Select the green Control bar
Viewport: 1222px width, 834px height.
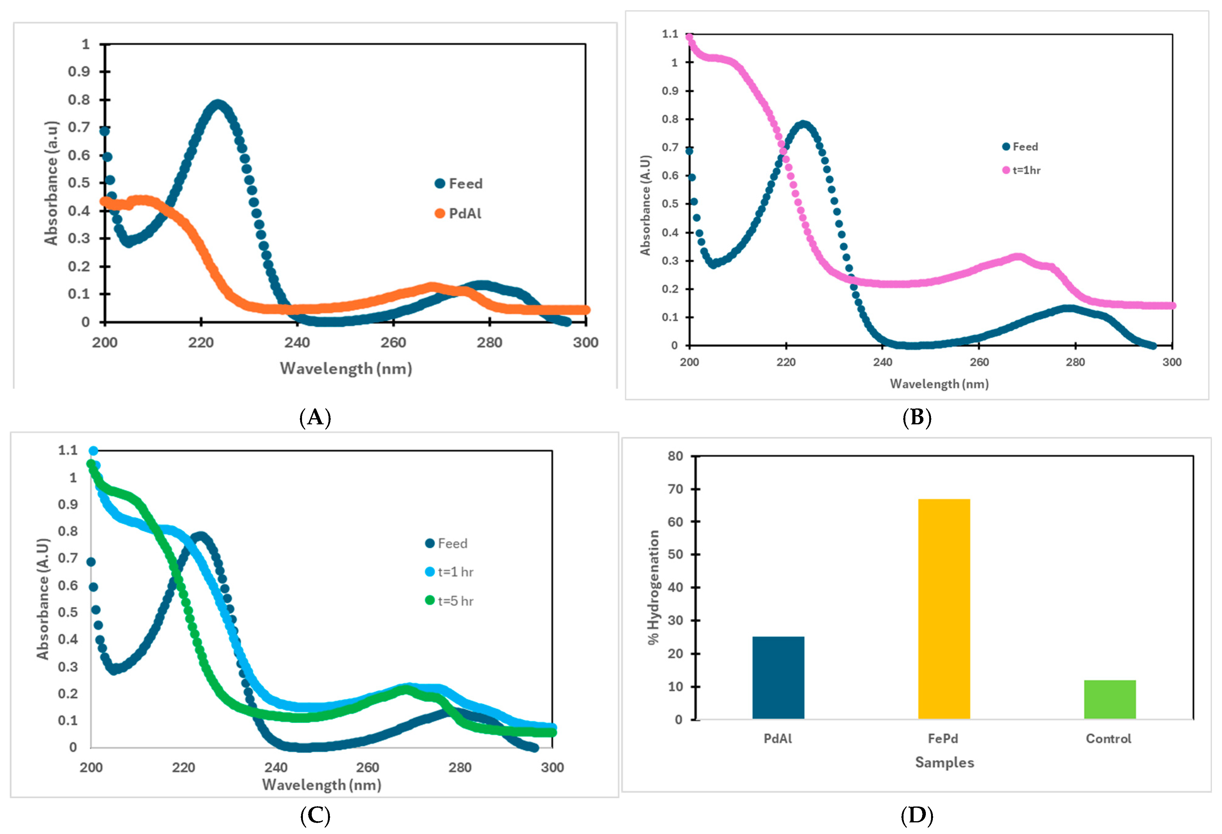[x=1110, y=699]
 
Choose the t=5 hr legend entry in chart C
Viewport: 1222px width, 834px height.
[x=450, y=600]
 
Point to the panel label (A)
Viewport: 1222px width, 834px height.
[x=315, y=418]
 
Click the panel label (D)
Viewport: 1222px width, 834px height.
[x=916, y=816]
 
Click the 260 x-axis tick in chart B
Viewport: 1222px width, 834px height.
[x=979, y=362]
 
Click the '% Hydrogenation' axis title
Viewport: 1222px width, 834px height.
[x=653, y=587]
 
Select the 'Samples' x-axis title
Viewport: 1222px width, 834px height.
[x=944, y=762]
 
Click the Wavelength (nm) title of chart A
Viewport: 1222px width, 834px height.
[x=345, y=368]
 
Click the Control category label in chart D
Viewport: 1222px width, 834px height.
[x=1108, y=738]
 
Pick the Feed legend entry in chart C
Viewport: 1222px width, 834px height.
[x=446, y=543]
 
